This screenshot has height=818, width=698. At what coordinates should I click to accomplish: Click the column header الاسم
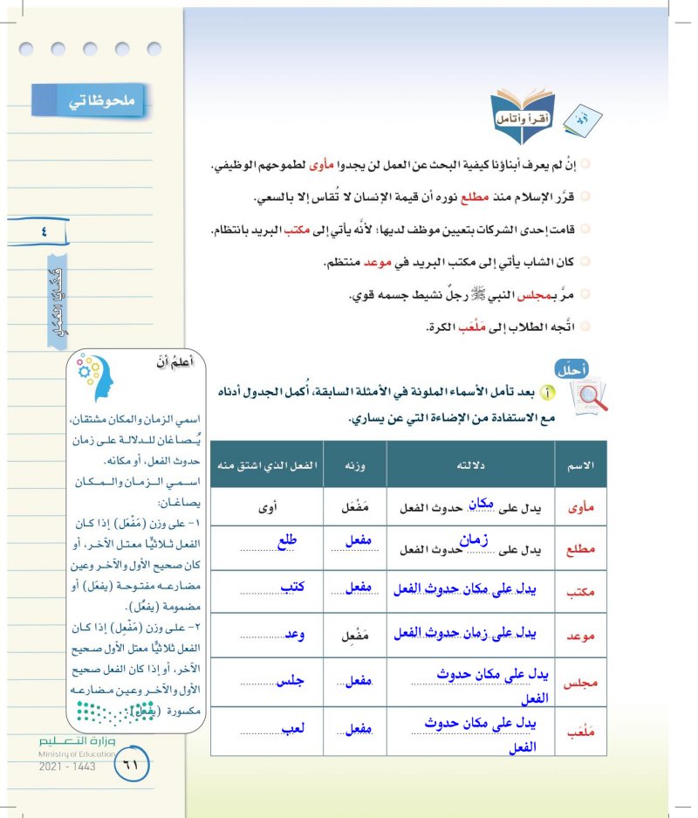click(x=581, y=464)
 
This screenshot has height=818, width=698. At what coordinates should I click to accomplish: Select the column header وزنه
click(x=352, y=464)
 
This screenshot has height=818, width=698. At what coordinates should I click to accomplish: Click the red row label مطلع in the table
click(x=581, y=549)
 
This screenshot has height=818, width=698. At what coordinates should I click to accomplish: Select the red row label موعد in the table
click(x=581, y=636)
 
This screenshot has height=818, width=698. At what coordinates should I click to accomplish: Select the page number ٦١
click(x=132, y=764)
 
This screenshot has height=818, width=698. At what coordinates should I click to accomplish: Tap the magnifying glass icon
click(x=586, y=398)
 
